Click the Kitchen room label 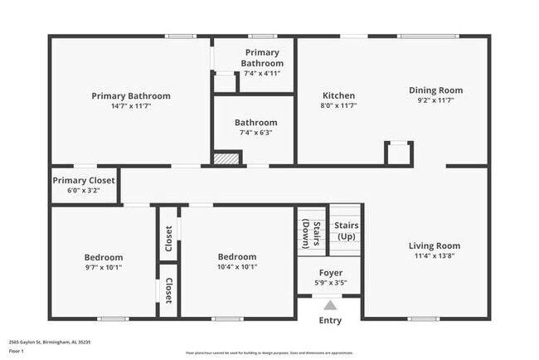(338, 95)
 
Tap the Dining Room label (435, 90)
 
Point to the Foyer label (330, 273)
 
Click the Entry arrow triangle (330, 304)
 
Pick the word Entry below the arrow (330, 320)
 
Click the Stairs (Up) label (346, 231)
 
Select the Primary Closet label (84, 180)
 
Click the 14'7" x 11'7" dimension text (131, 106)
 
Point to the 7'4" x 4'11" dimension (262, 73)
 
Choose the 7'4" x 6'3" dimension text (255, 133)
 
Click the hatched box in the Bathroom (226, 158)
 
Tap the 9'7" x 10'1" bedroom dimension (104, 267)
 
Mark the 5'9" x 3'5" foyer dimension (330, 283)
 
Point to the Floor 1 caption (17, 351)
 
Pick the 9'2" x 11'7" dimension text (435, 100)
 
